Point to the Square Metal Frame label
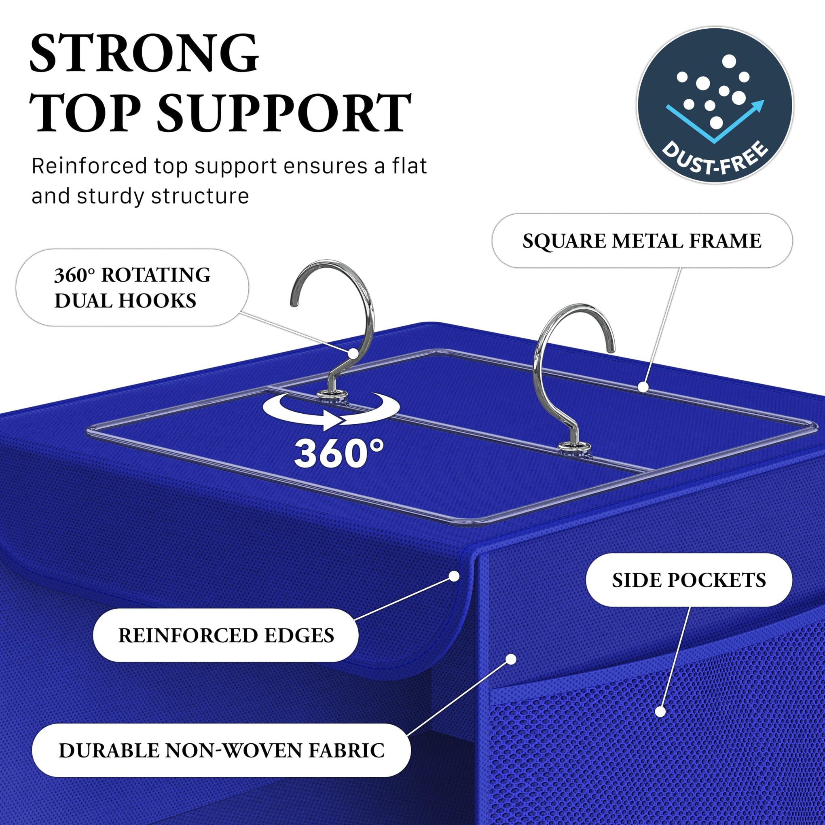[x=642, y=241]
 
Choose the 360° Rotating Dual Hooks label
[x=132, y=288]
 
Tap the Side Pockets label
[x=689, y=580]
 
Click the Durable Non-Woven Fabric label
[x=221, y=751]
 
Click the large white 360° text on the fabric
[x=338, y=453]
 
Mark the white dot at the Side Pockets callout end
[x=660, y=711]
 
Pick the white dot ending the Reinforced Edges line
[x=454, y=576]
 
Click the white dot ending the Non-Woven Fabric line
[x=511, y=659]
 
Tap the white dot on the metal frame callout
[x=643, y=387]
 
